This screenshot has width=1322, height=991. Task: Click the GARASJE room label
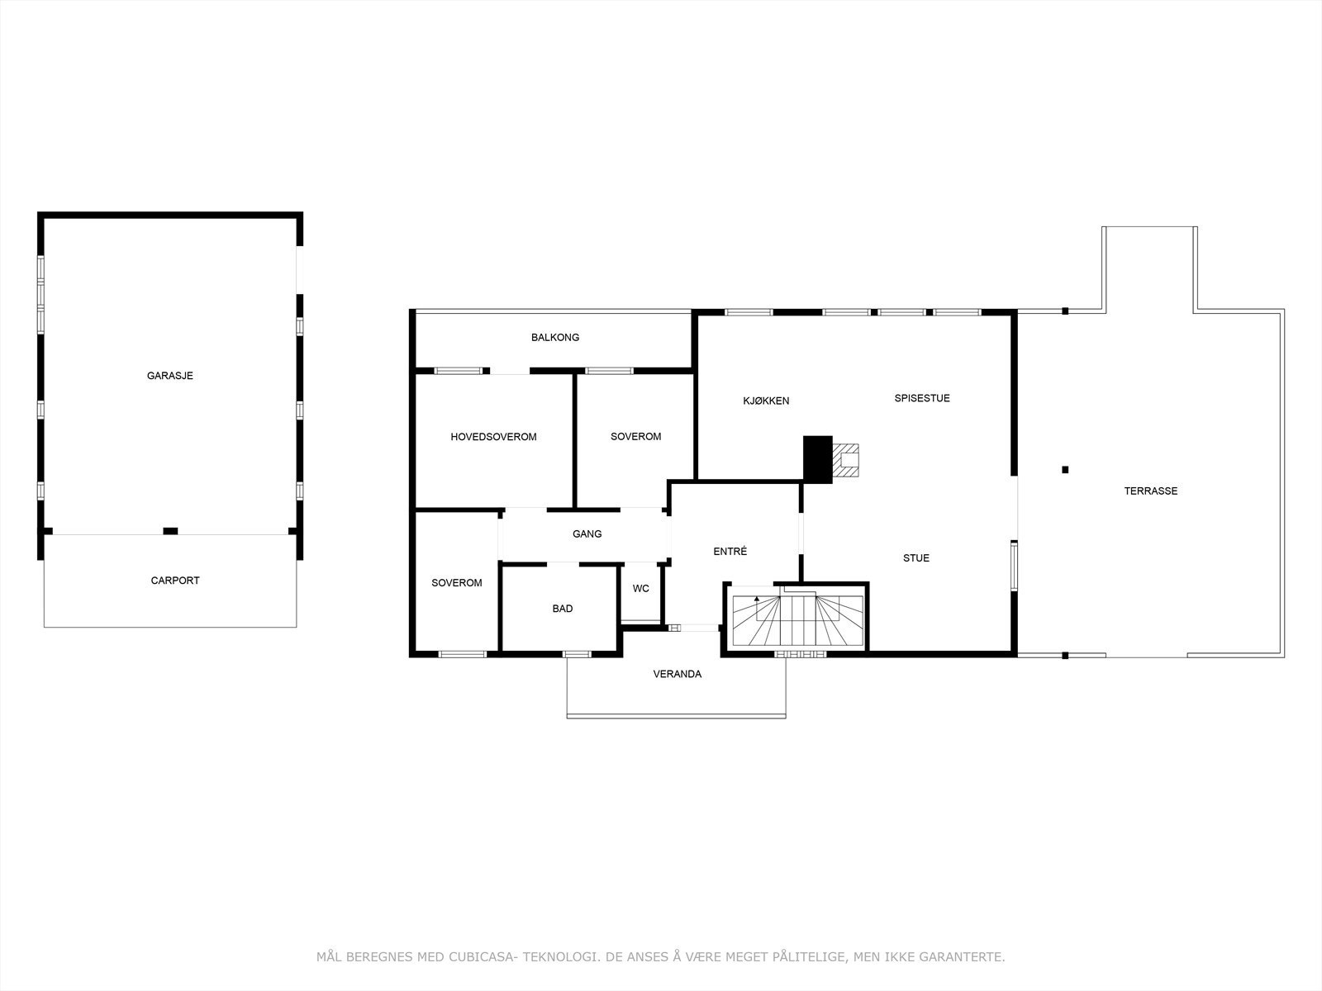[169, 376]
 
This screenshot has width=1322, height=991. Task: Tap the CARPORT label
[174, 581]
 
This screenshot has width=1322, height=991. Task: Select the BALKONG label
[554, 337]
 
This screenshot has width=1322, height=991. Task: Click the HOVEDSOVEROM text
[493, 437]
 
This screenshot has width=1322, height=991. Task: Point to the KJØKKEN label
[766, 401]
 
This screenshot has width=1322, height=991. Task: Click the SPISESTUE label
[922, 398]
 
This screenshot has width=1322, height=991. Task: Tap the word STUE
[915, 558]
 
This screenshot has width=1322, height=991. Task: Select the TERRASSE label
[1150, 491]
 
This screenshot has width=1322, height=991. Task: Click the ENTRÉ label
[730, 551]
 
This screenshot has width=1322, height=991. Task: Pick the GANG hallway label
[587, 534]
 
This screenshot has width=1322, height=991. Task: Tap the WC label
[640, 589]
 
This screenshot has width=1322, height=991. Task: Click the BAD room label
[562, 609]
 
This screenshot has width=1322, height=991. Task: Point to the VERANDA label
[677, 674]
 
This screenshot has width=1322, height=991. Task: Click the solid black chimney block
[817, 459]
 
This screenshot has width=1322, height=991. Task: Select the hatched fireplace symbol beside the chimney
[846, 460]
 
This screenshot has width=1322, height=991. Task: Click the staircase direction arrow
[757, 598]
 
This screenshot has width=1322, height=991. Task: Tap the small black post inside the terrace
[1065, 470]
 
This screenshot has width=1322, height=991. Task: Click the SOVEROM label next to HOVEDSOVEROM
[635, 437]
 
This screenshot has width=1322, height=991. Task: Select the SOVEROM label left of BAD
[456, 583]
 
